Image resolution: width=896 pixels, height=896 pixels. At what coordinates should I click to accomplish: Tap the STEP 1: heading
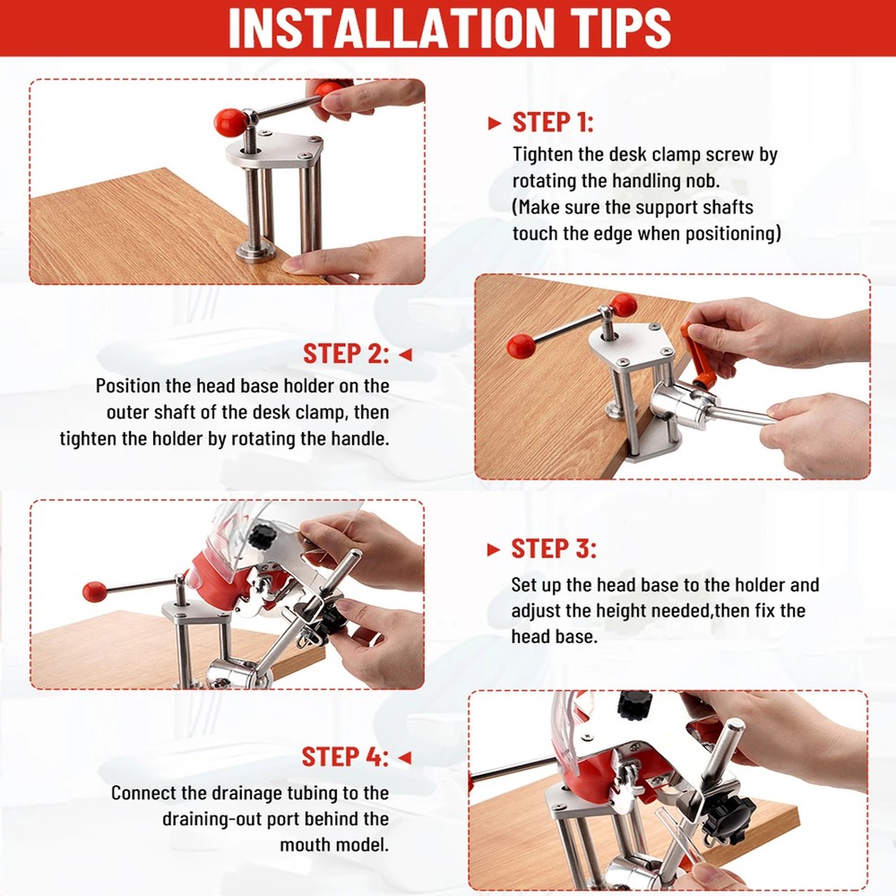553,122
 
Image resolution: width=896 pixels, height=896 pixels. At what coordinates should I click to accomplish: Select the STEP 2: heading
346,354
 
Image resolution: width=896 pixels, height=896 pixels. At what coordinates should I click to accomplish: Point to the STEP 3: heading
554,548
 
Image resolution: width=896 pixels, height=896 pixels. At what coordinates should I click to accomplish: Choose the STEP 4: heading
345,757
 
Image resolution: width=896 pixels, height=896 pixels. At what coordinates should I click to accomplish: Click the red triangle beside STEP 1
495,124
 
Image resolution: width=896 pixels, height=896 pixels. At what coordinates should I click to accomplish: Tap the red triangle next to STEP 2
405,355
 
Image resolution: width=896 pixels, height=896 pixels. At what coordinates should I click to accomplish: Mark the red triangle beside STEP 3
494,550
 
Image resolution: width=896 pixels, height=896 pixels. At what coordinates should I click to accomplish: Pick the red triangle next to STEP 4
405,758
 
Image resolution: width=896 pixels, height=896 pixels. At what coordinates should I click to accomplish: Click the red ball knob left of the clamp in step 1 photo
231,122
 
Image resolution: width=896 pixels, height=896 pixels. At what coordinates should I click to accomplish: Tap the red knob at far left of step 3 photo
96,592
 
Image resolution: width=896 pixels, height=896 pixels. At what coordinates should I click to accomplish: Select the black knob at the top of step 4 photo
633,706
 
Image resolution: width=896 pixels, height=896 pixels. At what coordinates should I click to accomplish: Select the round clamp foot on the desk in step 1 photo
256,252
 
